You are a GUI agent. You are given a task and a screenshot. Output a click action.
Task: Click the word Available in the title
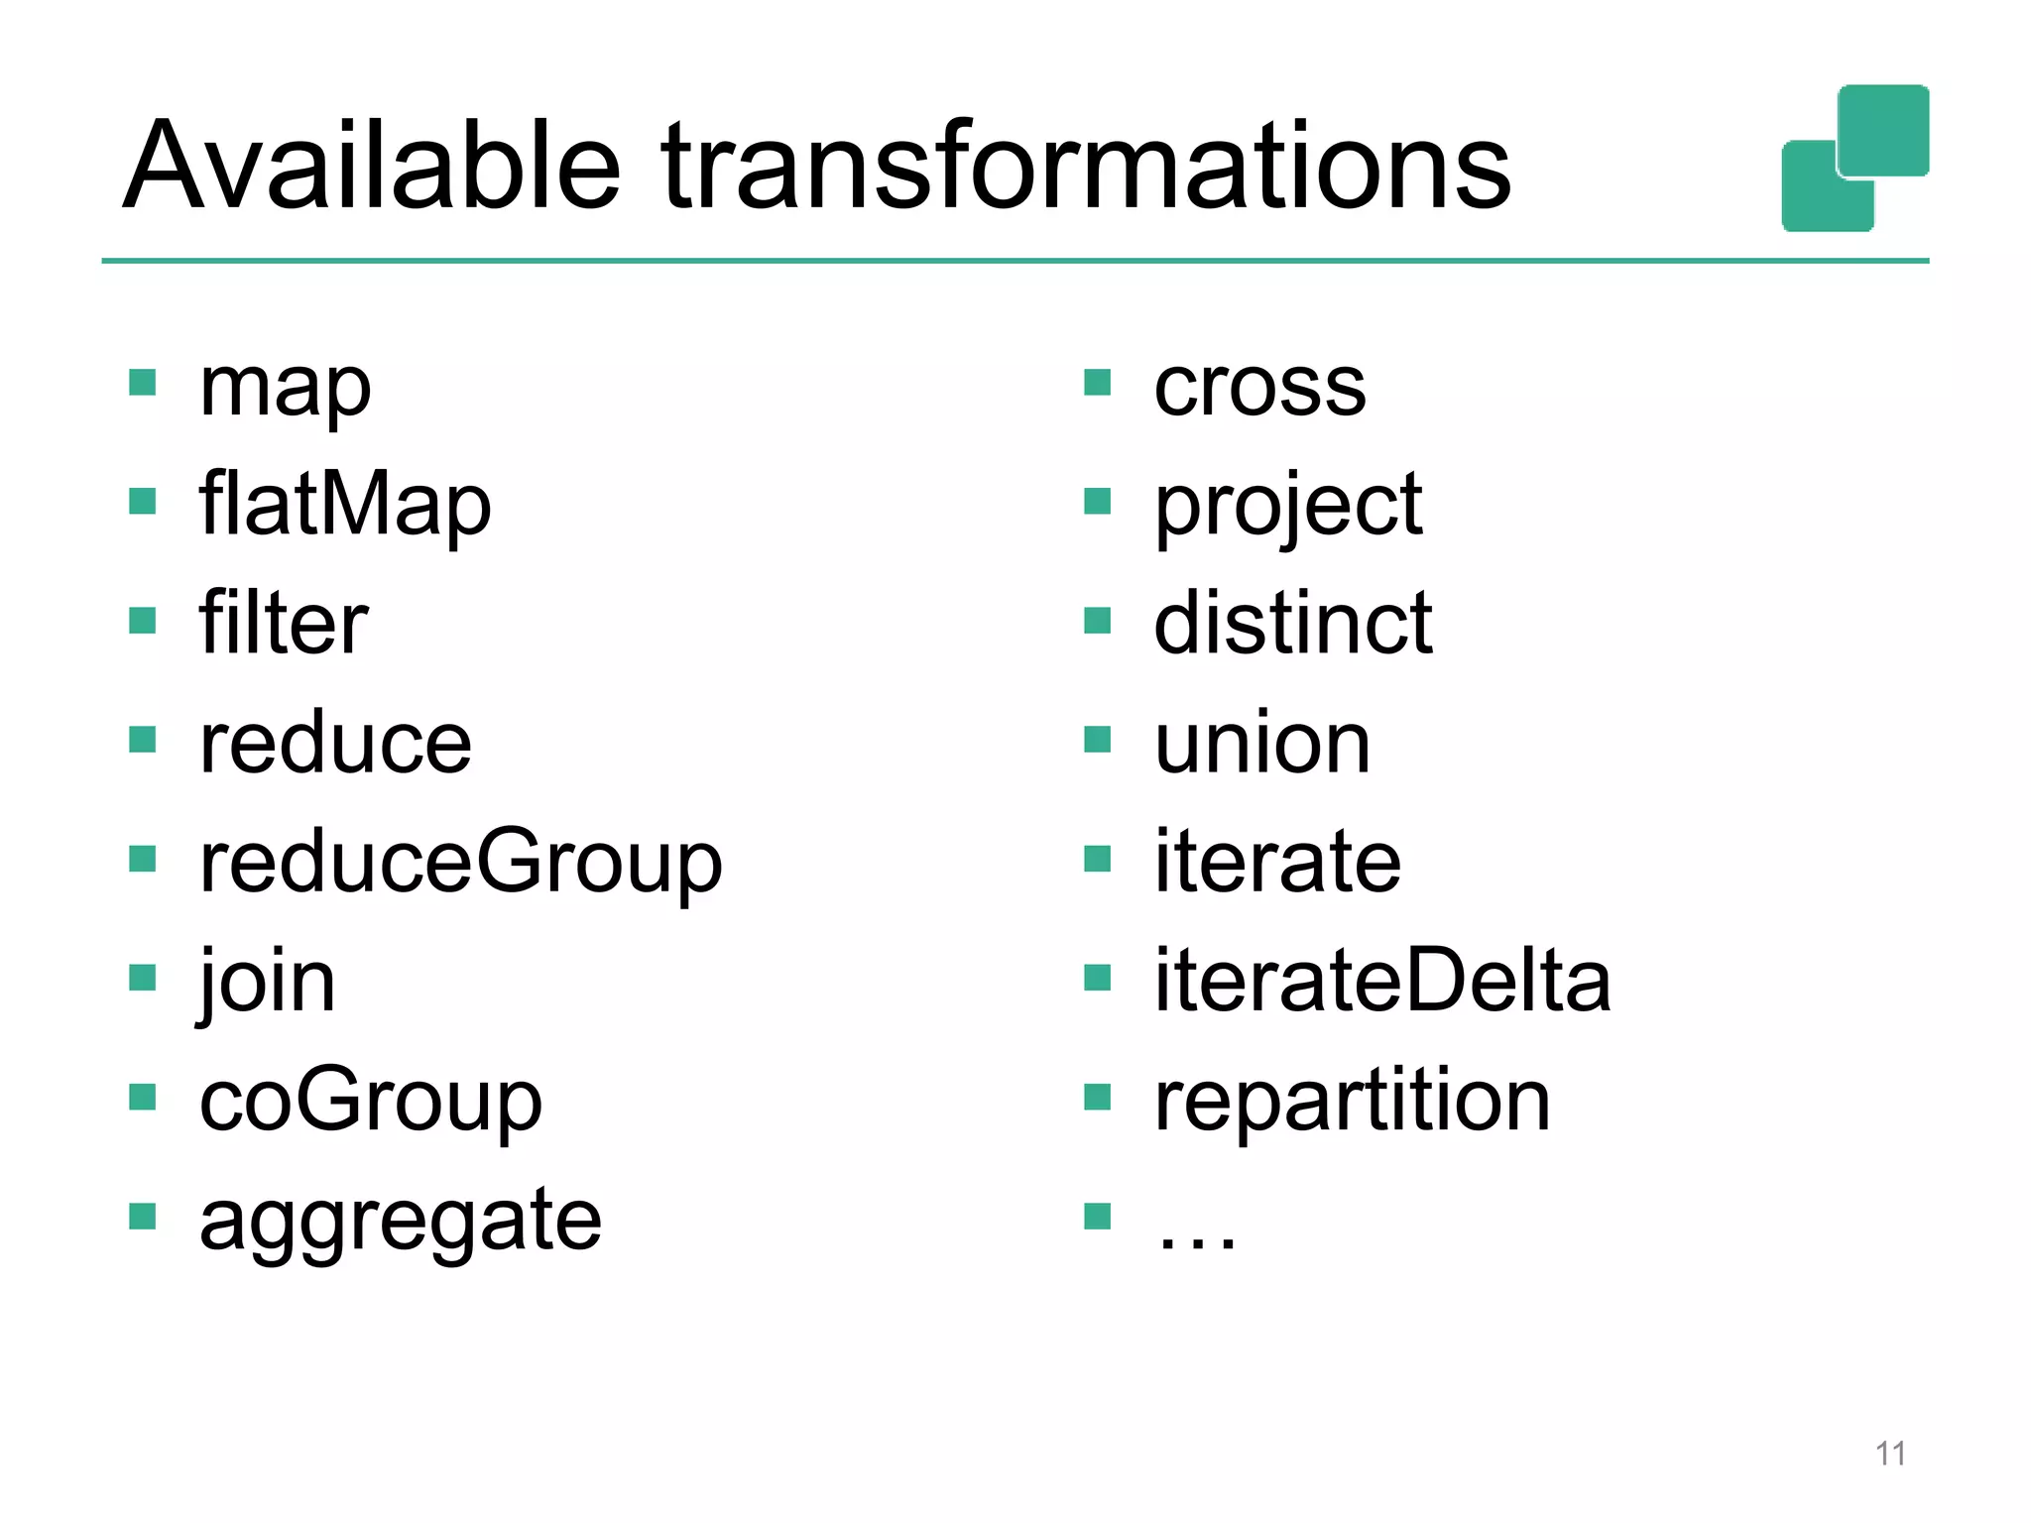[x=372, y=166]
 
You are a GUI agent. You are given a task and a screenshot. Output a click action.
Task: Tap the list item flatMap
[x=344, y=504]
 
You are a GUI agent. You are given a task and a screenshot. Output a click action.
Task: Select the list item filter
[x=284, y=623]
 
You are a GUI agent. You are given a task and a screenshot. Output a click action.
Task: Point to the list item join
[x=268, y=982]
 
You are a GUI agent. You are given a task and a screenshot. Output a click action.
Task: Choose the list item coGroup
[x=370, y=1101]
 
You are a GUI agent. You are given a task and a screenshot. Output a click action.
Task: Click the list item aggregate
[x=400, y=1221]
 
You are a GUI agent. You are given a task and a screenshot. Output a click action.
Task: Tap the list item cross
[x=1259, y=386]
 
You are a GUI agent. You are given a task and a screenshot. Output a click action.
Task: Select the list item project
[x=1288, y=506]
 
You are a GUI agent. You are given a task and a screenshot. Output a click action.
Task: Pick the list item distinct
[x=1292, y=623]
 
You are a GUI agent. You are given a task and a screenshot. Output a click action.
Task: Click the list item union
[x=1262, y=743]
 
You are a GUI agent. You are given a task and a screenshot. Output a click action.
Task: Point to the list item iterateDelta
[x=1382, y=981]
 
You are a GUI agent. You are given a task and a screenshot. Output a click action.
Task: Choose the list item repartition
[x=1352, y=1101]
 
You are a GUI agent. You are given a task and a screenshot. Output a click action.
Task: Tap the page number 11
[x=1890, y=1454]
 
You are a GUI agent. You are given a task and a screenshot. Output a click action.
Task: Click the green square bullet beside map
[x=143, y=383]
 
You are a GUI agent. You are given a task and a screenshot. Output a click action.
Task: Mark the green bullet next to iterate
[x=1098, y=859]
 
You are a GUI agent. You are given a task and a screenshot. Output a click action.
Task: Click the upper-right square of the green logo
[x=1882, y=130]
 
